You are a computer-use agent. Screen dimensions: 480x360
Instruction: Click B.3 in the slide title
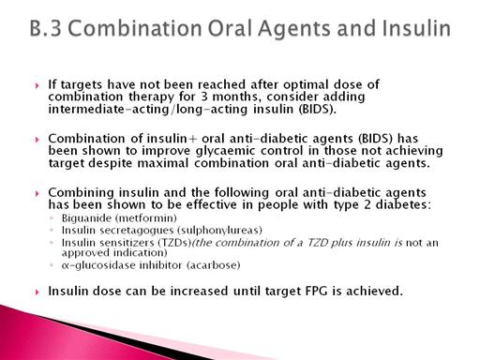pyautogui.click(x=46, y=28)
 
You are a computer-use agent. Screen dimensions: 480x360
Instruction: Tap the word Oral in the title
pyautogui.click(x=230, y=28)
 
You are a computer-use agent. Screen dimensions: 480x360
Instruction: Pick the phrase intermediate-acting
pyautogui.click(x=108, y=110)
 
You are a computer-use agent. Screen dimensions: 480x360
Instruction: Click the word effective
pyautogui.click(x=212, y=205)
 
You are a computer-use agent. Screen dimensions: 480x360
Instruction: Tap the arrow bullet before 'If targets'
pyautogui.click(x=37, y=85)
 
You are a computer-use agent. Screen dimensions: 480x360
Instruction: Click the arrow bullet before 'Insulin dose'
pyautogui.click(x=37, y=292)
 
